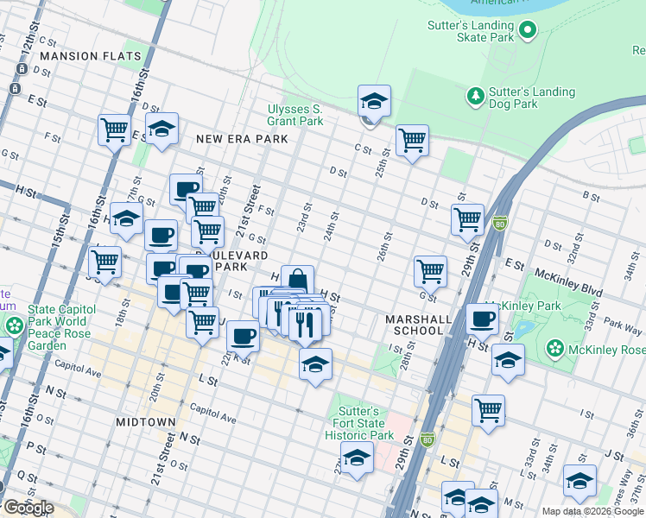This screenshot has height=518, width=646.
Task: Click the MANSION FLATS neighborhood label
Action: coord(90,56)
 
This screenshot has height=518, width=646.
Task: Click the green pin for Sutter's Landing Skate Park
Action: coord(527,32)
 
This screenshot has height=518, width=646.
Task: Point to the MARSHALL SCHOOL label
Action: coord(419,325)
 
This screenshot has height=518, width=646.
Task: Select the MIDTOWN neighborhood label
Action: coord(145,422)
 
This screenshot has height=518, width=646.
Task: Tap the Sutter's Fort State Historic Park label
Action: coord(359,423)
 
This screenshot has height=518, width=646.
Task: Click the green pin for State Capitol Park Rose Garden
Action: coord(15,326)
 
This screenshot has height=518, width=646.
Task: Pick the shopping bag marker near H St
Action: coord(297,280)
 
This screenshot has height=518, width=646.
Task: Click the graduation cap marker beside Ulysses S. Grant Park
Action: coord(374,100)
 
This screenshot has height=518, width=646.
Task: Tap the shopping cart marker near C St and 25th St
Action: coord(412,139)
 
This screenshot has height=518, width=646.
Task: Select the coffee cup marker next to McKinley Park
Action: coord(483,319)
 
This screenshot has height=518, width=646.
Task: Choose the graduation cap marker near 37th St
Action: coord(579,480)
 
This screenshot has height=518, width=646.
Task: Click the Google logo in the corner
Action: coord(28,508)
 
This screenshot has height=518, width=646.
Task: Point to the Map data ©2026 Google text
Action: coord(592,511)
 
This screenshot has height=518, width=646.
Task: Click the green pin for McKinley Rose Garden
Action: coord(555,350)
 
